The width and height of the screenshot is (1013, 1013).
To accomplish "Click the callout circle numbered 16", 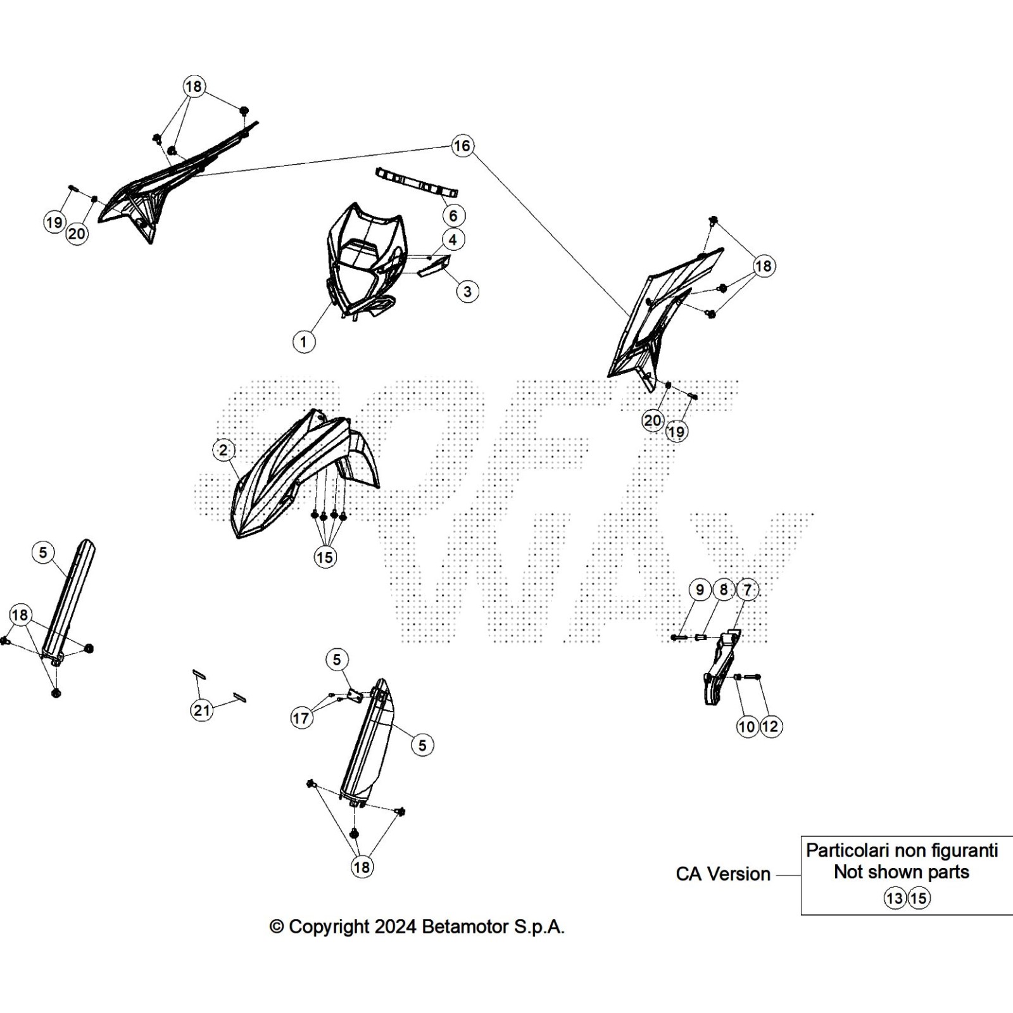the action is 462,146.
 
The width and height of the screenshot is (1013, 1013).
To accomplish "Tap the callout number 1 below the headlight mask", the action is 304,342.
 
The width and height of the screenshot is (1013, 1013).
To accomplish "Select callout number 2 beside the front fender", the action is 223,450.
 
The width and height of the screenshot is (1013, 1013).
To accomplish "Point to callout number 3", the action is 467,292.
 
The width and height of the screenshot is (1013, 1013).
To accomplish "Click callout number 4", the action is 453,240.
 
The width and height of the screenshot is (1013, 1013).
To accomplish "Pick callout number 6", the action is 453,216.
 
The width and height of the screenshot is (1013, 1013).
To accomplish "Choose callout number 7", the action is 747,590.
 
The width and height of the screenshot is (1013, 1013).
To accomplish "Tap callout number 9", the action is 700,590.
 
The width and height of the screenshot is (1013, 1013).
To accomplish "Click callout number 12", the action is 771,726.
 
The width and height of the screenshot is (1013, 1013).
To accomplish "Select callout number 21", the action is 202,710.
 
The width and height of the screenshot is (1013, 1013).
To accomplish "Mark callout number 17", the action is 301,718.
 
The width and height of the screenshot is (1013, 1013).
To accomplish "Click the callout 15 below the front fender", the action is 325,557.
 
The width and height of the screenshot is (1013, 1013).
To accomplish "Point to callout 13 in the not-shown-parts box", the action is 895,898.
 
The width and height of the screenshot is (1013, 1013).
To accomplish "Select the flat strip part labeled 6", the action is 417,182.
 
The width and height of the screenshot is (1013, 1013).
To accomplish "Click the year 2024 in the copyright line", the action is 395,927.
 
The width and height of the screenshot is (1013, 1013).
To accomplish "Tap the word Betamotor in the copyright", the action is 465,927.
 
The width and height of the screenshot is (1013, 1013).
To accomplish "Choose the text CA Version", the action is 723,874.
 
